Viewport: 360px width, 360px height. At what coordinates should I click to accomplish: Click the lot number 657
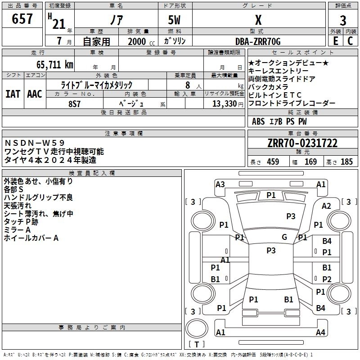tap(22, 18)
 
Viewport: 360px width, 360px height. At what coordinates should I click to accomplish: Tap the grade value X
tap(258, 20)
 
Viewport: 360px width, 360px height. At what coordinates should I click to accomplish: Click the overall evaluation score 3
tap(343, 21)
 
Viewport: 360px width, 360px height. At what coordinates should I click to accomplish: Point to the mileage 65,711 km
tap(52, 64)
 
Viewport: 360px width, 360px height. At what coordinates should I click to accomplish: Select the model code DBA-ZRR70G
tap(258, 41)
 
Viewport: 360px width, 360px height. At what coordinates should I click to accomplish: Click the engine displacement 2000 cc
tap(137, 42)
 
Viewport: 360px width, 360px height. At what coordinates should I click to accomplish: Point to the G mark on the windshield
tap(284, 237)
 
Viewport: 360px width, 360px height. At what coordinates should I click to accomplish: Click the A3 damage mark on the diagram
tap(220, 184)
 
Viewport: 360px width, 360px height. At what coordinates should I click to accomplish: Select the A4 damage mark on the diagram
tap(320, 333)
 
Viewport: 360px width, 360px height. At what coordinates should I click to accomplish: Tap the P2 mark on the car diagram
tap(327, 279)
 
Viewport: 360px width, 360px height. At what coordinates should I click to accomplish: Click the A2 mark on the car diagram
tap(327, 206)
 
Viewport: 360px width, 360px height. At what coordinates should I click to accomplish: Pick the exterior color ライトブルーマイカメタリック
tap(96, 85)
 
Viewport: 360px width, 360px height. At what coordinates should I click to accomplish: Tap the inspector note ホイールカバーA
tap(31, 238)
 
